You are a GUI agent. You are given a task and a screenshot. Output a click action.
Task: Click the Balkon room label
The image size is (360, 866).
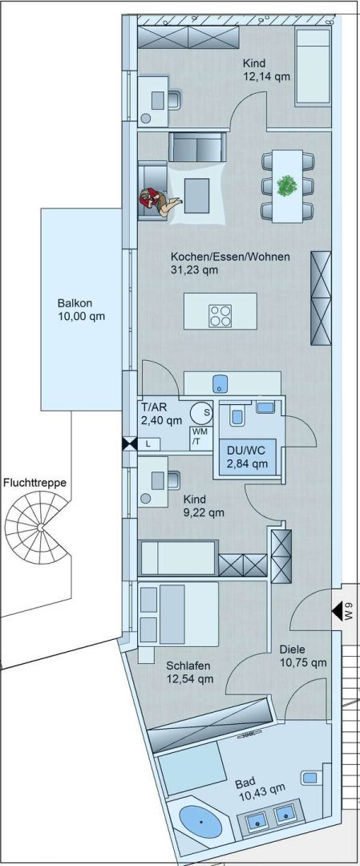[x=81, y=310]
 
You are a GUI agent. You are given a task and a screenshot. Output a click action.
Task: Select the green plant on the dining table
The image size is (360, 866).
[x=287, y=185]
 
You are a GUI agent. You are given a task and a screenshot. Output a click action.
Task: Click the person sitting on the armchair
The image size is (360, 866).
[x=160, y=200]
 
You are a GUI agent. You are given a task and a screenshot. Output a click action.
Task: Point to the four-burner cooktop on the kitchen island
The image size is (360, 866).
[x=220, y=316]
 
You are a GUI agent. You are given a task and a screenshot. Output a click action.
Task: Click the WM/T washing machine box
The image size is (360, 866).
[x=200, y=439]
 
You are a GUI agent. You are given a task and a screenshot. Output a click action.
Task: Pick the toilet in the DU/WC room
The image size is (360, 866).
[x=237, y=415]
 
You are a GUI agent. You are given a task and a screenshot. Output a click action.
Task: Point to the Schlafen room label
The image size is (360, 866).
[x=189, y=672]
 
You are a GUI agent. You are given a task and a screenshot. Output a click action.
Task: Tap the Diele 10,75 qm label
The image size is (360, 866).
[x=303, y=656]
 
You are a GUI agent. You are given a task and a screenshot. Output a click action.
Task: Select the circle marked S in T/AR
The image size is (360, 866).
[x=202, y=412]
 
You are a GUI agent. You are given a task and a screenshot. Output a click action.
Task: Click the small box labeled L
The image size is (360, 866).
[x=148, y=443]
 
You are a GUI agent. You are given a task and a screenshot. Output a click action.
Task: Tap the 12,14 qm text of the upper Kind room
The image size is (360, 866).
[x=267, y=77]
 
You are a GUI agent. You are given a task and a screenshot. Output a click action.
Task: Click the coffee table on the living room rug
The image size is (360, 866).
[x=197, y=195]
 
